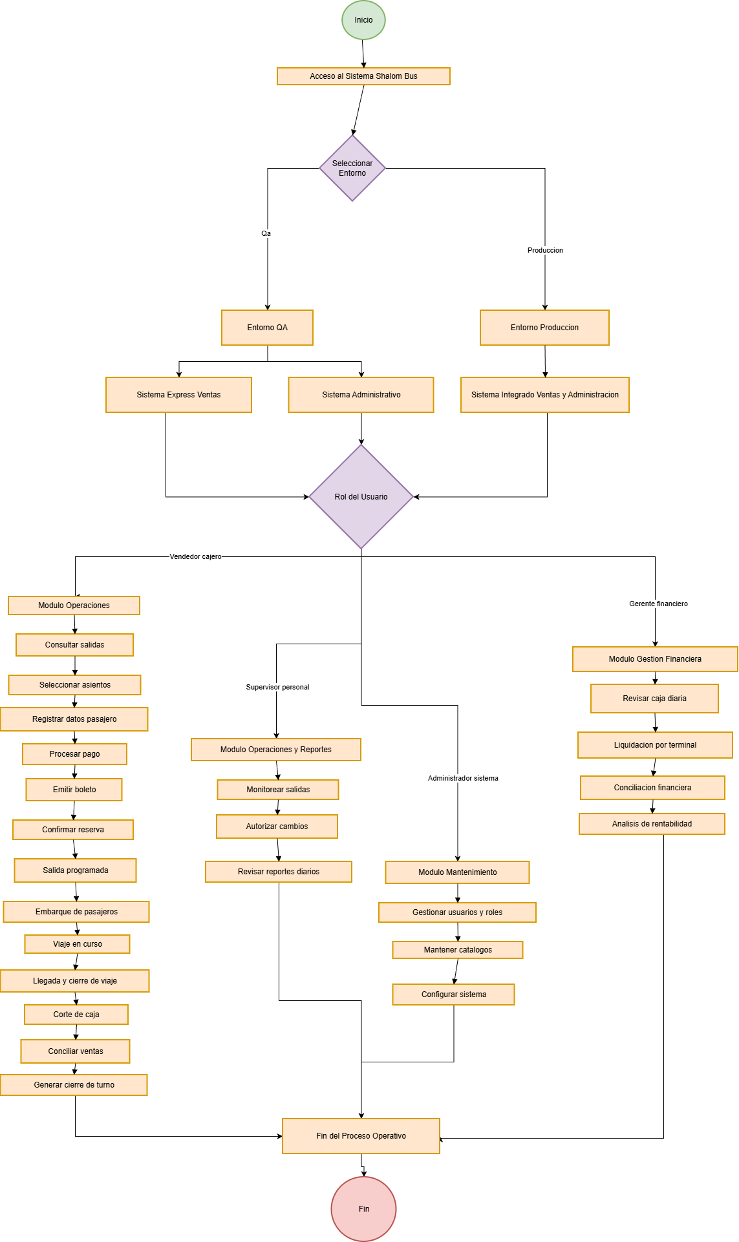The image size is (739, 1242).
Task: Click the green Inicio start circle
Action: click(363, 20)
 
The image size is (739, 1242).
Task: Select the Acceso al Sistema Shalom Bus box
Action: click(363, 76)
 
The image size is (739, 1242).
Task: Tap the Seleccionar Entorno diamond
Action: click(352, 168)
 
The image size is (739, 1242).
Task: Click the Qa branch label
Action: click(266, 233)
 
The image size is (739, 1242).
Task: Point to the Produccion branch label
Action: click(545, 250)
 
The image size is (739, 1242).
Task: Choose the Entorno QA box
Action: click(267, 328)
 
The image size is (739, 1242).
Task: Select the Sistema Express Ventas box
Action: click(178, 395)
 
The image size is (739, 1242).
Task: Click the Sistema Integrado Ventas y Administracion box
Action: click(544, 395)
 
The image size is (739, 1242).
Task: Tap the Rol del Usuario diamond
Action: click(361, 496)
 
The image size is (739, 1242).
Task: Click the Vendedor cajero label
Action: click(195, 556)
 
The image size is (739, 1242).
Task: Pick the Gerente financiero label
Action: click(658, 604)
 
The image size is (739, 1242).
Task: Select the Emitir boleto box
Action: click(74, 790)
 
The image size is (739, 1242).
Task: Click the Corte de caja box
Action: click(76, 1015)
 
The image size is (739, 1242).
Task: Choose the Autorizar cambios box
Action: click(277, 826)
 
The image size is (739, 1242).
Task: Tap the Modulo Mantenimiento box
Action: click(457, 872)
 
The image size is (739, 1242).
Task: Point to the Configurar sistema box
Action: click(453, 995)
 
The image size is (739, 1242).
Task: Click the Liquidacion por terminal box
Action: click(655, 745)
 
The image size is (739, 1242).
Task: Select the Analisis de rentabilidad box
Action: click(652, 824)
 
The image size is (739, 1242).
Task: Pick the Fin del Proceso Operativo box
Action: click(361, 1136)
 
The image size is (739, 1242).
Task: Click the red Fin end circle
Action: click(363, 1209)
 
